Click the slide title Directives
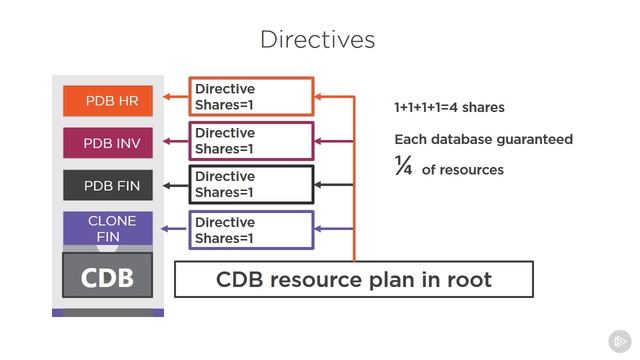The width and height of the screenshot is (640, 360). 317,39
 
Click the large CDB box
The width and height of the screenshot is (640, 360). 107,276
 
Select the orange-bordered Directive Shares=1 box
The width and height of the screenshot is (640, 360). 251,97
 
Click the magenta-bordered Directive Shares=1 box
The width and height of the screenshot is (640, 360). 251,141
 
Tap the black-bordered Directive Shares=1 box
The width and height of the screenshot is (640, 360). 251,185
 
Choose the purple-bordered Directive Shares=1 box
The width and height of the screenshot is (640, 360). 251,230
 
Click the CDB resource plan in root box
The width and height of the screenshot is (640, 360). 354,279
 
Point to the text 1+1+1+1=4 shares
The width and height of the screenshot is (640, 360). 449,107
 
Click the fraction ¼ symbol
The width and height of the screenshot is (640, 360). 403,168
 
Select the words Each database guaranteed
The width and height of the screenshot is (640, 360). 483,139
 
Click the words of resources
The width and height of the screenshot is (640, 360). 462,170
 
